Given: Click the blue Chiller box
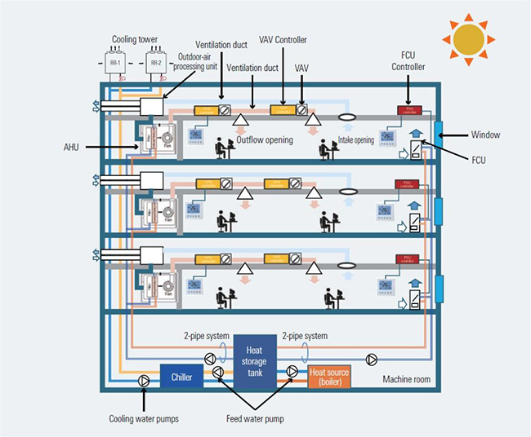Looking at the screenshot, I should coord(181,377).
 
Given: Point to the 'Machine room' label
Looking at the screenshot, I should coord(408,380).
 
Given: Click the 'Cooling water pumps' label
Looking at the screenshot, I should coord(144,419).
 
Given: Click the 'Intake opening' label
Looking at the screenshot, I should coord(355,140).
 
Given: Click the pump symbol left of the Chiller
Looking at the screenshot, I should coord(144,380).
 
